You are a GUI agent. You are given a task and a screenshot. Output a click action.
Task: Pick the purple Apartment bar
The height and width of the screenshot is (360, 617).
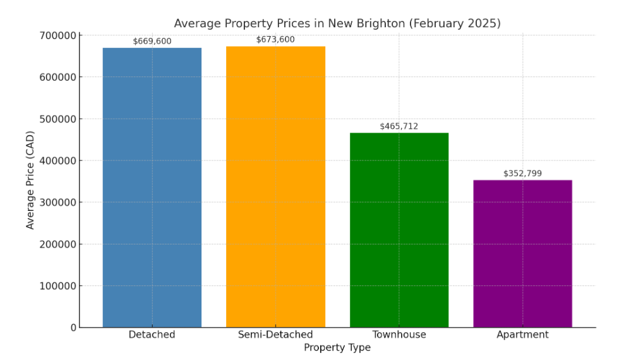click(x=522, y=253)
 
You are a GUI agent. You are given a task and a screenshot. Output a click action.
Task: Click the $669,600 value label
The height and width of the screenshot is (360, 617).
click(x=152, y=42)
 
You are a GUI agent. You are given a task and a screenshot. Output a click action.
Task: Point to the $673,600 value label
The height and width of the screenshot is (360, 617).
click(x=275, y=39)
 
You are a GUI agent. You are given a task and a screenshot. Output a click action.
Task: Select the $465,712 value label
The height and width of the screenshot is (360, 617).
click(x=398, y=126)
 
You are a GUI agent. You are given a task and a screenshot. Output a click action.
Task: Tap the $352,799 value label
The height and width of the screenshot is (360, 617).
click(x=522, y=174)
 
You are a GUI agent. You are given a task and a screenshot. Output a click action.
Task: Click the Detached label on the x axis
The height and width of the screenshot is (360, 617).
click(x=152, y=335)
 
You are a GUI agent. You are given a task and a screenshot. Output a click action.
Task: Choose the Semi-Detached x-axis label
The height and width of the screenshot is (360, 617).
click(x=275, y=335)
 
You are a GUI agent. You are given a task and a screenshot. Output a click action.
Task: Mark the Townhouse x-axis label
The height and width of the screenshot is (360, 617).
click(x=398, y=335)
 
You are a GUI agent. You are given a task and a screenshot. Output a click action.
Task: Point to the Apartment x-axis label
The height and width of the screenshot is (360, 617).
click(x=522, y=335)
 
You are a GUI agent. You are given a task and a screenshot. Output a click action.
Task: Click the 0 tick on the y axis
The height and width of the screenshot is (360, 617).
click(x=73, y=327)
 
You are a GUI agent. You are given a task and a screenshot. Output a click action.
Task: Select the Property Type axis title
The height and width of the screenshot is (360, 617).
click(x=337, y=348)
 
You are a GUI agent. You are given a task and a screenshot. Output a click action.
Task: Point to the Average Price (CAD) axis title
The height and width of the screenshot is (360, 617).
click(x=30, y=179)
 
